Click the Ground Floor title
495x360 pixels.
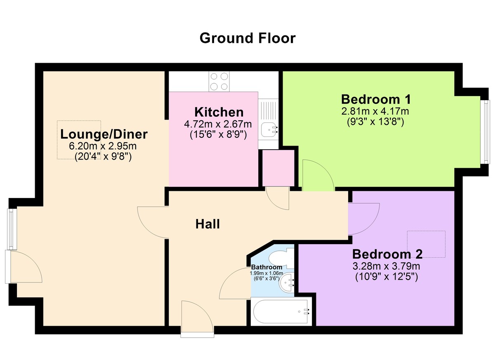tap(247, 38)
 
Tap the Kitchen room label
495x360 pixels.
tap(219, 112)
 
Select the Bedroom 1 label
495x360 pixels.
tap(376, 99)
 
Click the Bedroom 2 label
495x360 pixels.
tap(387, 254)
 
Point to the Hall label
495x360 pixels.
tap(207, 224)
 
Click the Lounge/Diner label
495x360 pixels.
tap(104, 134)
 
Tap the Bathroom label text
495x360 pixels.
tap(266, 267)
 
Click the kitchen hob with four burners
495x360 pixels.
tap(219, 82)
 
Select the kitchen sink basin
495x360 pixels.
tap(269, 129)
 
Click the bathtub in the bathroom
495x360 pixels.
tap(281, 311)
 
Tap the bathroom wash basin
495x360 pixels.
tap(286, 283)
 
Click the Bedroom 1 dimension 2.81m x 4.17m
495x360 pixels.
tap(375, 111)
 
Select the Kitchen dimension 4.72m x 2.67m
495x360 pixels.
tap(218, 124)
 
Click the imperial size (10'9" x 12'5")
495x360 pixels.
tap(387, 277)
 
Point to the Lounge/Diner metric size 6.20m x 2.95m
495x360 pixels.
tap(103, 146)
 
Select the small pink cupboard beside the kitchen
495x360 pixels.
tap(278, 168)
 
